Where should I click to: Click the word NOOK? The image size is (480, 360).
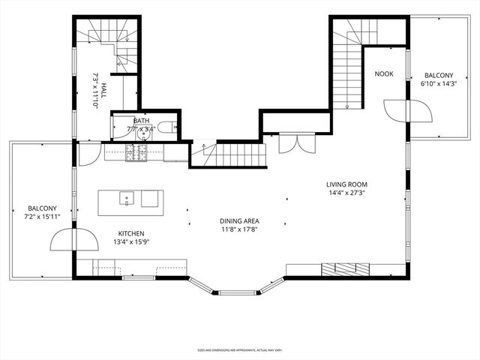[x=383, y=73]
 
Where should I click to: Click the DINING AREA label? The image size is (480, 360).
[x=239, y=220]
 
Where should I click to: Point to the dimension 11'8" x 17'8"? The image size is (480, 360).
[x=239, y=229]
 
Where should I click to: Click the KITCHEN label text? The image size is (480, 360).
[x=130, y=233]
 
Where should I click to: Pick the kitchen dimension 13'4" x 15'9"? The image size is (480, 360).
[x=130, y=242]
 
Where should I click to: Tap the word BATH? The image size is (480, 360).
[x=140, y=120]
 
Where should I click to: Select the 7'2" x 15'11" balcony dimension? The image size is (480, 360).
[x=42, y=217]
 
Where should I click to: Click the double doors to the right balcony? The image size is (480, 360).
[x=409, y=112]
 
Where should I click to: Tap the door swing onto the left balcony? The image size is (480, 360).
[x=73, y=239]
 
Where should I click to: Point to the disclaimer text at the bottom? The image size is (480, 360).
[x=239, y=349]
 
